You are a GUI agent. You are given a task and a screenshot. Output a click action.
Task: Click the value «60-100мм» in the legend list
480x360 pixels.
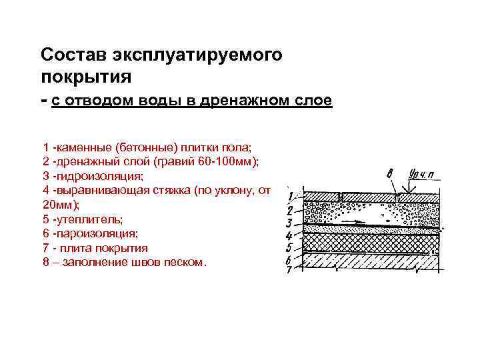point(219,161)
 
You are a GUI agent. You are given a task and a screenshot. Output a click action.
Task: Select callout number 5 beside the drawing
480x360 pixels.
point(290,247)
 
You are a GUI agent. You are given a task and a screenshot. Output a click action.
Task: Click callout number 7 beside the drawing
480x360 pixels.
point(290,271)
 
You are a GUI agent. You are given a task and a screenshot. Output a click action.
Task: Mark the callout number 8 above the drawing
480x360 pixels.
point(389,175)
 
